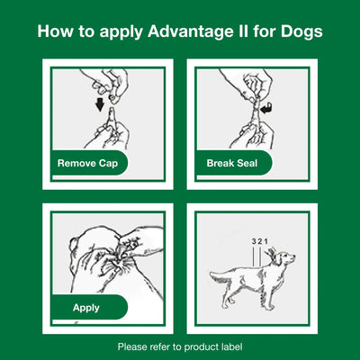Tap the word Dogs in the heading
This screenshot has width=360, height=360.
pyautogui.click(x=298, y=32)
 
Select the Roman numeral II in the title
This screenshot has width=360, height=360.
pyautogui.click(x=237, y=32)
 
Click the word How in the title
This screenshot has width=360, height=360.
pyautogui.click(x=57, y=32)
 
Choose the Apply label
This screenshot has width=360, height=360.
pyautogui.click(x=85, y=307)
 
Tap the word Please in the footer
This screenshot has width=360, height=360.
pyautogui.click(x=134, y=346)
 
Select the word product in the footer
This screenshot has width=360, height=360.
pyautogui.click(x=199, y=346)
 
